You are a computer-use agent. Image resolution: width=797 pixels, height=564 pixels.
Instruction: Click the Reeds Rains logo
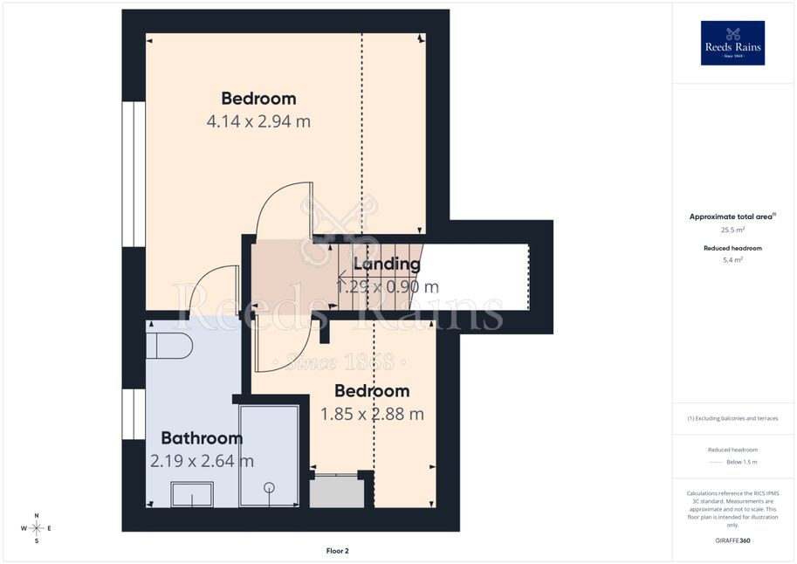[732, 43]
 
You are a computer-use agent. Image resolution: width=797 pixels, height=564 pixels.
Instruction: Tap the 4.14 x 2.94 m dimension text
[258, 121]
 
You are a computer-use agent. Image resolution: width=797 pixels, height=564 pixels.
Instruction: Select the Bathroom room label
[202, 438]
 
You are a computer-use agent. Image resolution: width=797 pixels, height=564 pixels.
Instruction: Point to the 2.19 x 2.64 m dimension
[202, 461]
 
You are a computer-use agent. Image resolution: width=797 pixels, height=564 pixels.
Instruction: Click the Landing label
[387, 264]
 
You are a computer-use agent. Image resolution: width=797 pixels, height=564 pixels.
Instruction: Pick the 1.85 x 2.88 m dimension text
[372, 414]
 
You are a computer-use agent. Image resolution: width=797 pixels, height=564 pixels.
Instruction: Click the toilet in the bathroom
[169, 346]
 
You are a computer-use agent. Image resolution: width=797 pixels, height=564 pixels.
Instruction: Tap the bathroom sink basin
[192, 494]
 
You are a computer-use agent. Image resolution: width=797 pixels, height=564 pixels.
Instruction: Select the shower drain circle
[269, 488]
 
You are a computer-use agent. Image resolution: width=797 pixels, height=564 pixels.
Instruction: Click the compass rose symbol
[36, 528]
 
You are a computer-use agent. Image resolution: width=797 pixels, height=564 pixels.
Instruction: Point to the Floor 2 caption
[338, 551]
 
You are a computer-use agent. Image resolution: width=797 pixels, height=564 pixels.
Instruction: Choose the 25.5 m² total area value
[732, 230]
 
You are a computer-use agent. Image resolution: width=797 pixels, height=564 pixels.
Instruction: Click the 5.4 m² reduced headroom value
[732, 260]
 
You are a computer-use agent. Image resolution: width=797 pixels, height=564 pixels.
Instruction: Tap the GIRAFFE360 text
[732, 540]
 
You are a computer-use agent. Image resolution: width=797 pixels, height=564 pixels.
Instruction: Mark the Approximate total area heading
[732, 217]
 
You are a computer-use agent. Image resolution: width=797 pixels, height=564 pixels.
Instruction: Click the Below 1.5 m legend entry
[742, 462]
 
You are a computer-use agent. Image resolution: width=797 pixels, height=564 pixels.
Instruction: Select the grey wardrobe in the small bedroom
[337, 492]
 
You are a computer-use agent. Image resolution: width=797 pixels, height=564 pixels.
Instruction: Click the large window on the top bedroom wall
[134, 175]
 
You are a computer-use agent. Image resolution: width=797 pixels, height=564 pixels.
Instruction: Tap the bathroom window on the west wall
[134, 415]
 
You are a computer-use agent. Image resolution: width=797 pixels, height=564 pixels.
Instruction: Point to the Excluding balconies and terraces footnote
[732, 418]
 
